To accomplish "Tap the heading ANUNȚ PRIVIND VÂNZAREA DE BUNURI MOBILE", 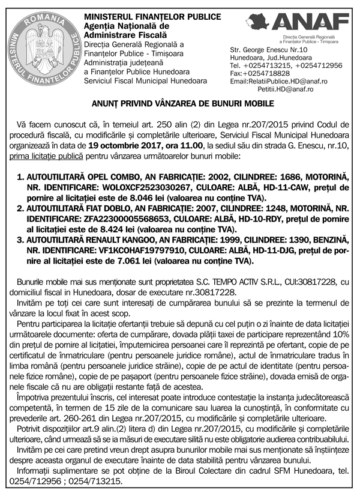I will click(179, 104).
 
